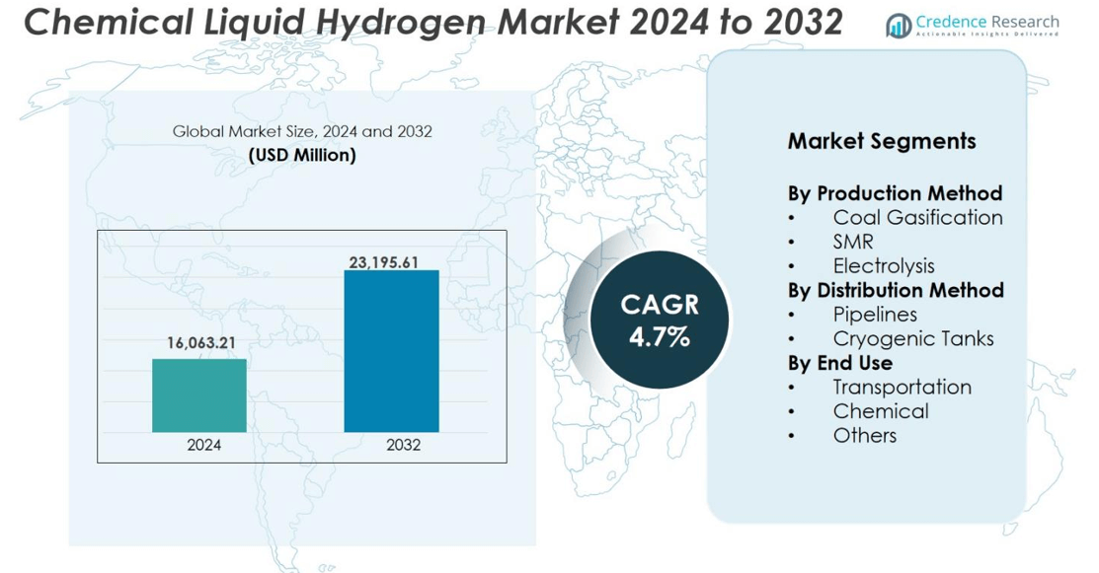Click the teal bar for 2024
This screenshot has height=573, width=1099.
point(199,395)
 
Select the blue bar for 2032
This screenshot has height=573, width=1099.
point(391,351)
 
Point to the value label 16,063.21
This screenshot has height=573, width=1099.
point(199,342)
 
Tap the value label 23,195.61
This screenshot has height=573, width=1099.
point(392,261)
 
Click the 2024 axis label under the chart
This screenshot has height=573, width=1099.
point(204,445)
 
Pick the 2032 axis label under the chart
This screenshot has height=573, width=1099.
point(403,445)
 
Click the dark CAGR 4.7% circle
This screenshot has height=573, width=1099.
point(659,320)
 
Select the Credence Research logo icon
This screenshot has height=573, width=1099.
point(898,26)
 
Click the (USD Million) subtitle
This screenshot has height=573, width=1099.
point(302,156)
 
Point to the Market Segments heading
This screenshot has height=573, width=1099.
point(882,141)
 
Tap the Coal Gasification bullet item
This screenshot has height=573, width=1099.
point(917,217)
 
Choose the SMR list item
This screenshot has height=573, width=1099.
point(853,242)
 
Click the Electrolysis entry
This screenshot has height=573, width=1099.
point(884,265)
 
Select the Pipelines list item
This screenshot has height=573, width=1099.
point(875,314)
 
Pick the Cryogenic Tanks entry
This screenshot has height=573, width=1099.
point(913,338)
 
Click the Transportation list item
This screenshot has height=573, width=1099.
point(902,387)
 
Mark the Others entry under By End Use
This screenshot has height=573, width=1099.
point(864,435)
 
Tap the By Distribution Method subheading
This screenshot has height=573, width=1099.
point(896,290)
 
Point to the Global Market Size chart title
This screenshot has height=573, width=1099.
point(302,131)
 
